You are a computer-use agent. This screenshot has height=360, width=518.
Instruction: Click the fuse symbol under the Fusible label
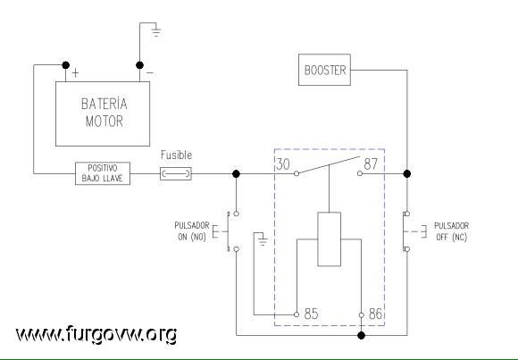coord(176,173)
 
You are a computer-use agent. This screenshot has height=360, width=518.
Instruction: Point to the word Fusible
coord(177,155)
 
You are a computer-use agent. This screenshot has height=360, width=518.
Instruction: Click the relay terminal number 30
coord(283,164)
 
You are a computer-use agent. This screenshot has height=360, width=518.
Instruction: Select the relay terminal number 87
coord(371,163)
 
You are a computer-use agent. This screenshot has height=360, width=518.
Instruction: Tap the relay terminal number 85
coord(311,314)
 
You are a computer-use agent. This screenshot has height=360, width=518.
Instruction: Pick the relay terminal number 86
coord(375,314)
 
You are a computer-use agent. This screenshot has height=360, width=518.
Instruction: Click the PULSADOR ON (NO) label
coord(192,231)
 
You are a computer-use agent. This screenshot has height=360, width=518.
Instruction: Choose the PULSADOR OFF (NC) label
coord(451,231)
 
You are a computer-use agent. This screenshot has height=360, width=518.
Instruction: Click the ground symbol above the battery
coord(156,32)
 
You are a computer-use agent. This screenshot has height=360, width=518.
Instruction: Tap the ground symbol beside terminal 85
coord(263,241)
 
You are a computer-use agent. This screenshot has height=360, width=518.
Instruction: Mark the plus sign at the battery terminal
coord(75,73)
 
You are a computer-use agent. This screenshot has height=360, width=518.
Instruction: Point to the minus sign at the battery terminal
coord(150,72)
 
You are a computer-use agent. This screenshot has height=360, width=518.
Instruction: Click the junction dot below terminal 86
coord(362,336)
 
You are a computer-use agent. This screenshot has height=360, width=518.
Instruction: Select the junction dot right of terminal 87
coord(407,173)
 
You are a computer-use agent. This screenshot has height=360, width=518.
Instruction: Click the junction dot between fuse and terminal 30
coord(236,173)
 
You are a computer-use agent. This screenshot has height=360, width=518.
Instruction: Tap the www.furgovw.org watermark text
coord(96,334)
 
